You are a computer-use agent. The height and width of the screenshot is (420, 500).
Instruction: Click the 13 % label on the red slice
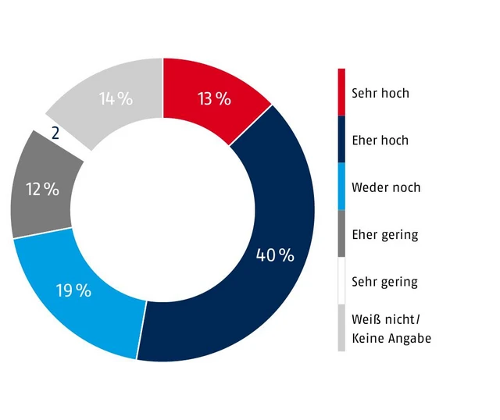point(214,99)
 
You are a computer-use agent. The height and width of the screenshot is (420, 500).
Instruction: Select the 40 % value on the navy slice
point(275,255)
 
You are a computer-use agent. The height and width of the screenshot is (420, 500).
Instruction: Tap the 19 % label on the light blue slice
point(73,291)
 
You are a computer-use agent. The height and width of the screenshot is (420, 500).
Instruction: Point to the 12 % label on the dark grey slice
point(42,189)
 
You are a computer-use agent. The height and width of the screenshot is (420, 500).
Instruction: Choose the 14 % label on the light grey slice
point(116,99)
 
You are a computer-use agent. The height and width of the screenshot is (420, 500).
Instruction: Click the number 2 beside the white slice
point(55,133)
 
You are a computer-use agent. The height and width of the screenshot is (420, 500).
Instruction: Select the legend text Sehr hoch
point(380,94)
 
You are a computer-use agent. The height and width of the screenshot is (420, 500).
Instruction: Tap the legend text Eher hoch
point(380,141)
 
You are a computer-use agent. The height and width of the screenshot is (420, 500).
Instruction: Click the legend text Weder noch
point(386,187)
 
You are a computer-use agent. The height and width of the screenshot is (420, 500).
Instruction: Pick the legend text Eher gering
point(384,234)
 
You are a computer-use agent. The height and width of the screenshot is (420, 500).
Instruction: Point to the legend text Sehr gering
point(384,282)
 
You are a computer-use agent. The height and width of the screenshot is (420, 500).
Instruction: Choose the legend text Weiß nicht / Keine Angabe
point(391,329)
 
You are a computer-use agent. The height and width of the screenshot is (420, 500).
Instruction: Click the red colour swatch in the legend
point(341,92)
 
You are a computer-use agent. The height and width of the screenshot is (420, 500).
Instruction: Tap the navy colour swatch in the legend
point(341,139)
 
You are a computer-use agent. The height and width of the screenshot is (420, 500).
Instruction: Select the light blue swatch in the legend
point(341,186)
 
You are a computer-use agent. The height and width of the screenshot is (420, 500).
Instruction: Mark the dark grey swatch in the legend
point(341,233)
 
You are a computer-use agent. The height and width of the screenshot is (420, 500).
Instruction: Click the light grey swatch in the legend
point(341,328)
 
